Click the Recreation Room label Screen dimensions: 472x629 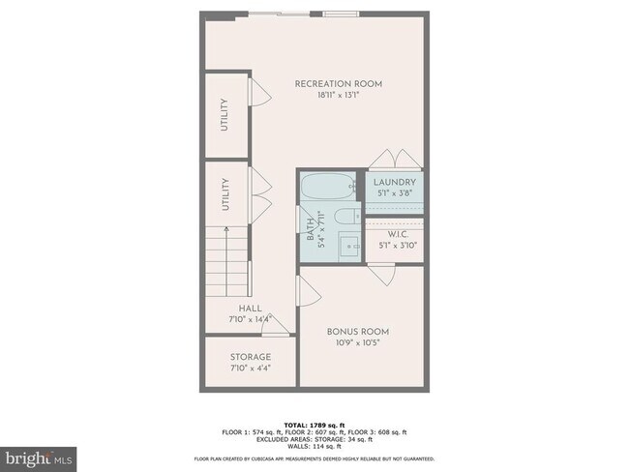[x=338, y=84]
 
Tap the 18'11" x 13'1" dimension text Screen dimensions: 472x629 [x=338, y=96]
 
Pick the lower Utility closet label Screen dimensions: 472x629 [x=225, y=194]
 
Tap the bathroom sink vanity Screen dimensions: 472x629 [x=347, y=245]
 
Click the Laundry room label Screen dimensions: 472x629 [x=396, y=182]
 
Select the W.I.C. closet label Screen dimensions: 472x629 [x=396, y=234]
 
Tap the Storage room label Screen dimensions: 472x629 [x=250, y=357]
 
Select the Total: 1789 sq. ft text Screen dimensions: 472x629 [x=314, y=424]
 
